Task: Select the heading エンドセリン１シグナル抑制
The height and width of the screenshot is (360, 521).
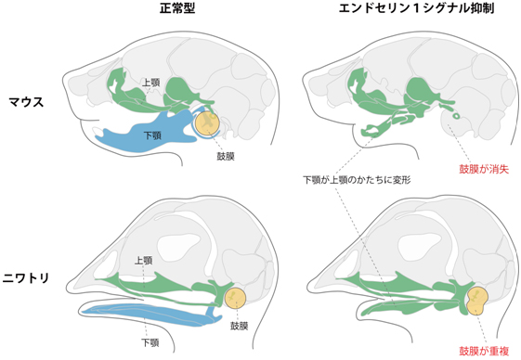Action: (391, 11)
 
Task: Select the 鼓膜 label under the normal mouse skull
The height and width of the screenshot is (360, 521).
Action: (225, 156)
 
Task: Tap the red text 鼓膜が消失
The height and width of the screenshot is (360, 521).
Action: (475, 170)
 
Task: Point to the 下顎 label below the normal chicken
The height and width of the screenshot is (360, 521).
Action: (149, 342)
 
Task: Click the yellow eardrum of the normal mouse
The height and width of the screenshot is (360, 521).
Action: (208, 123)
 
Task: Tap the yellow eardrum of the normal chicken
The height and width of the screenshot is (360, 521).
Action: (236, 298)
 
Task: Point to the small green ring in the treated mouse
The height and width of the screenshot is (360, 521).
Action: (457, 115)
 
